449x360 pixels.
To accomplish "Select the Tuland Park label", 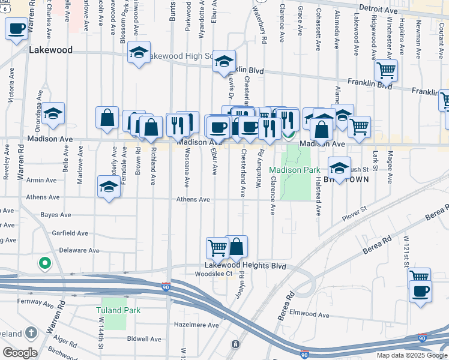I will [118, 310].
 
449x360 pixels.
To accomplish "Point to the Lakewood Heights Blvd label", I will [245, 265].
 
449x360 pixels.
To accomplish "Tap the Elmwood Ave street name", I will [309, 314].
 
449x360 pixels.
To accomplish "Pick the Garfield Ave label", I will [70, 233].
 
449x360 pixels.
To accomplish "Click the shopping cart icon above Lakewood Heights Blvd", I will [217, 247].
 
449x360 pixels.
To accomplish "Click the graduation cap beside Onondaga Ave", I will [53, 112].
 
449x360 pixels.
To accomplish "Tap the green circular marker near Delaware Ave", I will [43, 263].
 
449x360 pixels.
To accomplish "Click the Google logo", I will [19, 353].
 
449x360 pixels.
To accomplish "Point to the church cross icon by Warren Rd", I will [32, 332].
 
